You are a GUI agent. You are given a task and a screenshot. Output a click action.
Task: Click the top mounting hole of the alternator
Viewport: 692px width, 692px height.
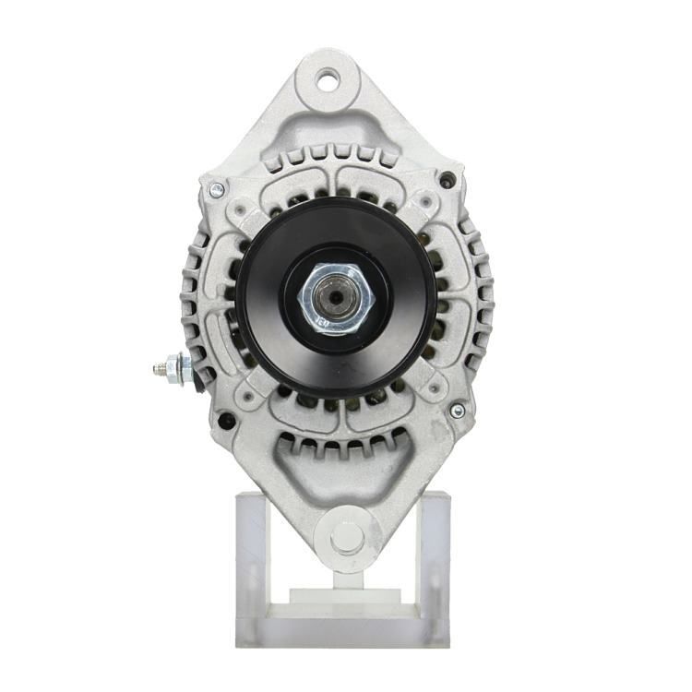pyautogui.click(x=328, y=80)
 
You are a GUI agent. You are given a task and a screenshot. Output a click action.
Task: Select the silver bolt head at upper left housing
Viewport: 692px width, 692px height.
pyautogui.click(x=217, y=191)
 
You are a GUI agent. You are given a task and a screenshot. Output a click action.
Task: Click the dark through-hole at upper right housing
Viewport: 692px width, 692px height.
pyautogui.click(x=447, y=180)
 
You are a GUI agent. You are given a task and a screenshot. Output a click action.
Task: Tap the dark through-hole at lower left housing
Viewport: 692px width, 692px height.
pyautogui.click(x=224, y=423)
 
